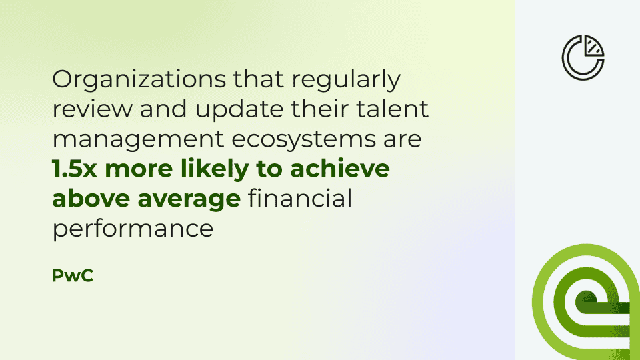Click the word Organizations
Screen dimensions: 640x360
point(139,79)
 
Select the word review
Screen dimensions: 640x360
point(93,109)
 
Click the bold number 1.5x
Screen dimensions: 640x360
point(75,169)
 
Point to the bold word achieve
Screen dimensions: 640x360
point(339,168)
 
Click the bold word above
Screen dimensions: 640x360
point(91,199)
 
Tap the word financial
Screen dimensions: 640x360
point(300,199)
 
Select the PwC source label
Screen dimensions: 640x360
point(73,275)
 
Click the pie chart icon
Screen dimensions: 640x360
point(583,57)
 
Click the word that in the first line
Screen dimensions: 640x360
point(259,79)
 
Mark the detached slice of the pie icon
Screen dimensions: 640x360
point(593,47)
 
